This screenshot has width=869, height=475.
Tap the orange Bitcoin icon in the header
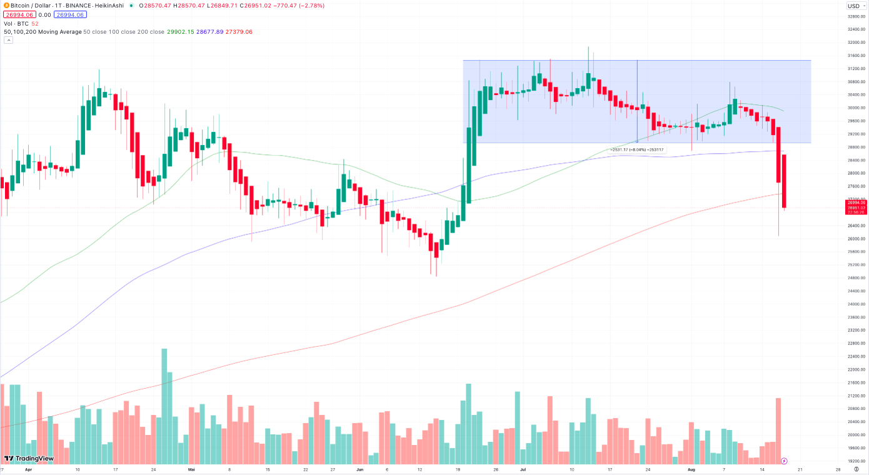point(6,6)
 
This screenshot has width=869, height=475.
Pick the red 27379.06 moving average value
point(241,32)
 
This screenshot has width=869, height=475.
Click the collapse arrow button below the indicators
point(9,40)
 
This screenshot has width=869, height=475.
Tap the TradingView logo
point(29,459)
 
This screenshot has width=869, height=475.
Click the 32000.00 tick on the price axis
point(855,42)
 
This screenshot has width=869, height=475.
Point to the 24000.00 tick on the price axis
point(855,304)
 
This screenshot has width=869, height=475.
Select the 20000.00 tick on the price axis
point(855,435)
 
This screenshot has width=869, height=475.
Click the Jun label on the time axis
point(359,468)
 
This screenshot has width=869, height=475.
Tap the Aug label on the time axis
point(691,468)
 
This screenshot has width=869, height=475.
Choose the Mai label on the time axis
point(191,468)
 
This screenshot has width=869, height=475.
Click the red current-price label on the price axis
point(856,207)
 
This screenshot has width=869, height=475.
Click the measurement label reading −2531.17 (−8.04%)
point(637,150)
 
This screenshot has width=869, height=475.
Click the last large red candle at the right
point(784,181)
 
